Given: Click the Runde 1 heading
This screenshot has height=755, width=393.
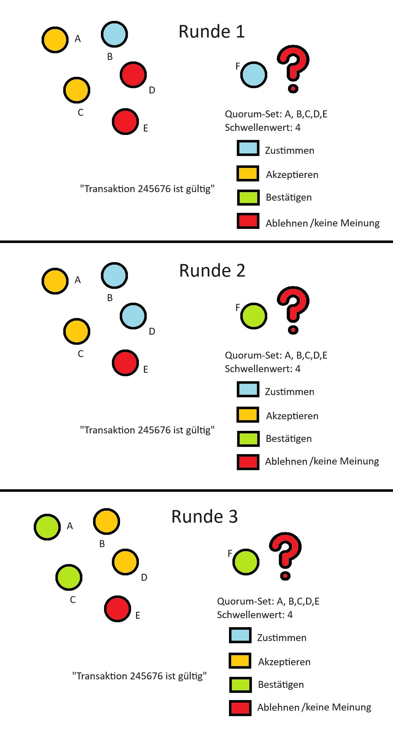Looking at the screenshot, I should point(212,32).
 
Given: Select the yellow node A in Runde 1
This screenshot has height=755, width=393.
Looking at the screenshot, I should point(55,40).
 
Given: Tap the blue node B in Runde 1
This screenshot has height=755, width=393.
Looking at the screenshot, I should point(114,34).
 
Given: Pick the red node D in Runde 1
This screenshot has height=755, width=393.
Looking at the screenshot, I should point(133,75).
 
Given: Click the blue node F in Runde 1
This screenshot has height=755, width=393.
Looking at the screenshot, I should point(254,75).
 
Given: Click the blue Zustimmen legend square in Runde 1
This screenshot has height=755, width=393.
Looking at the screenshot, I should point(248,148).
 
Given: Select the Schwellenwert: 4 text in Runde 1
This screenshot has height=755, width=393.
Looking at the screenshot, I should point(263,128).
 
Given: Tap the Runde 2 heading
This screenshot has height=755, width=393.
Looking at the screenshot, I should point(212,271).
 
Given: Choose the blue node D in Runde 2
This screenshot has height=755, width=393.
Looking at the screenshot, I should point(133,316).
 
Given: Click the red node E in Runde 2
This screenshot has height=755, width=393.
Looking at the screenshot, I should point(125,363).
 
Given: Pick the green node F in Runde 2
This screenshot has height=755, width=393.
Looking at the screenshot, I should point(254,316).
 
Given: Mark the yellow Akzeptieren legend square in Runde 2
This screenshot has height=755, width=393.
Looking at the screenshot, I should point(248,415).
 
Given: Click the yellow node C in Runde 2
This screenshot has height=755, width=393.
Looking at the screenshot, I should point(77,331).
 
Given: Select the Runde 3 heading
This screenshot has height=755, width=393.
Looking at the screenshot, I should point(204,517).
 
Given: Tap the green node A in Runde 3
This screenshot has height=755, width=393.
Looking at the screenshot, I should point(47,527).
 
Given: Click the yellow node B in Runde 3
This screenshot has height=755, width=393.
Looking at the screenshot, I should point(106,521).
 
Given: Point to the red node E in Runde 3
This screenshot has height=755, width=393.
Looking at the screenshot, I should point(117,609).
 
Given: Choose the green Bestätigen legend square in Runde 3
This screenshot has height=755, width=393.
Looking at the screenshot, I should point(240,684).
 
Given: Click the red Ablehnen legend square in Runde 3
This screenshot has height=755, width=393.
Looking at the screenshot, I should point(240,708).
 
